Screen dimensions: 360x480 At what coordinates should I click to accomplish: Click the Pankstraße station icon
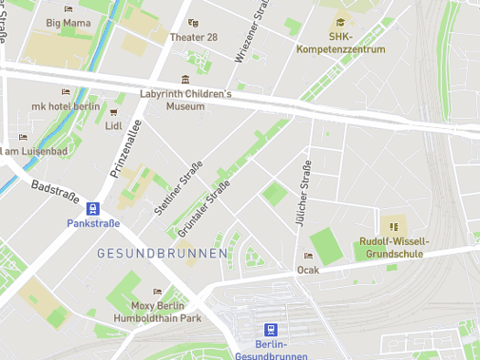92,208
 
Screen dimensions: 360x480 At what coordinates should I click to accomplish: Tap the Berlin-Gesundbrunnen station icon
270,329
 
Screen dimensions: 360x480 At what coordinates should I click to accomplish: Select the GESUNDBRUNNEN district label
162,252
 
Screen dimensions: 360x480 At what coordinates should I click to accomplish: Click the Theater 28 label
193,37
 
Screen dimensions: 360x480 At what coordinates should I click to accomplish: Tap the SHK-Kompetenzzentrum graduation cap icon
340,22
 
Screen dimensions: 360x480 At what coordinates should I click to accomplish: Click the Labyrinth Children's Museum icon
186,79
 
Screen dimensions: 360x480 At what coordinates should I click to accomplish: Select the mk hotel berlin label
65,106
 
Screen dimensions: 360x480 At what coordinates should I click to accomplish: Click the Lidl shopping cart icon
113,125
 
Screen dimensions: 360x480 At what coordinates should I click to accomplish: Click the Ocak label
308,270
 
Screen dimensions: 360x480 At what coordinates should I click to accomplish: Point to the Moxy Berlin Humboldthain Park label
156,312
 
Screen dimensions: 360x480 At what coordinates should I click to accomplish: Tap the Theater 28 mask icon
192,23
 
